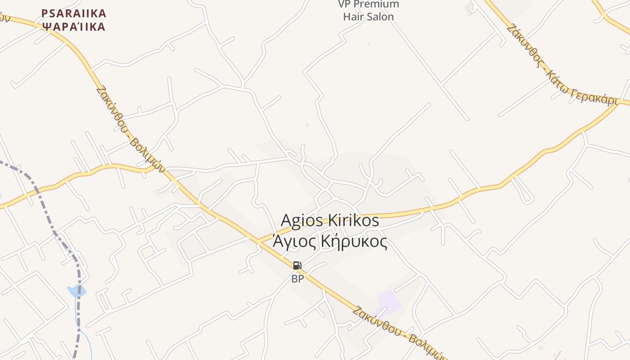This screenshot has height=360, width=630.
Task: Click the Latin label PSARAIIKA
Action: point(74,13)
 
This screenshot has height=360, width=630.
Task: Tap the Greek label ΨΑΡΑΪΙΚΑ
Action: point(74,27)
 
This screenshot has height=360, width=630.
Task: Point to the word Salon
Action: point(381,17)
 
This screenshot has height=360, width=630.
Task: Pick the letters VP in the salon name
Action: point(344,4)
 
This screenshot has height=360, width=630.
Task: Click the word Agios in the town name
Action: point(301,220)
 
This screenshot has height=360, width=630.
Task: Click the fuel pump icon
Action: point(297,265)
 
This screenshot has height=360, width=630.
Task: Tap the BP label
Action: point(297,279)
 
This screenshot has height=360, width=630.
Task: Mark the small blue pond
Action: point(76,291)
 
